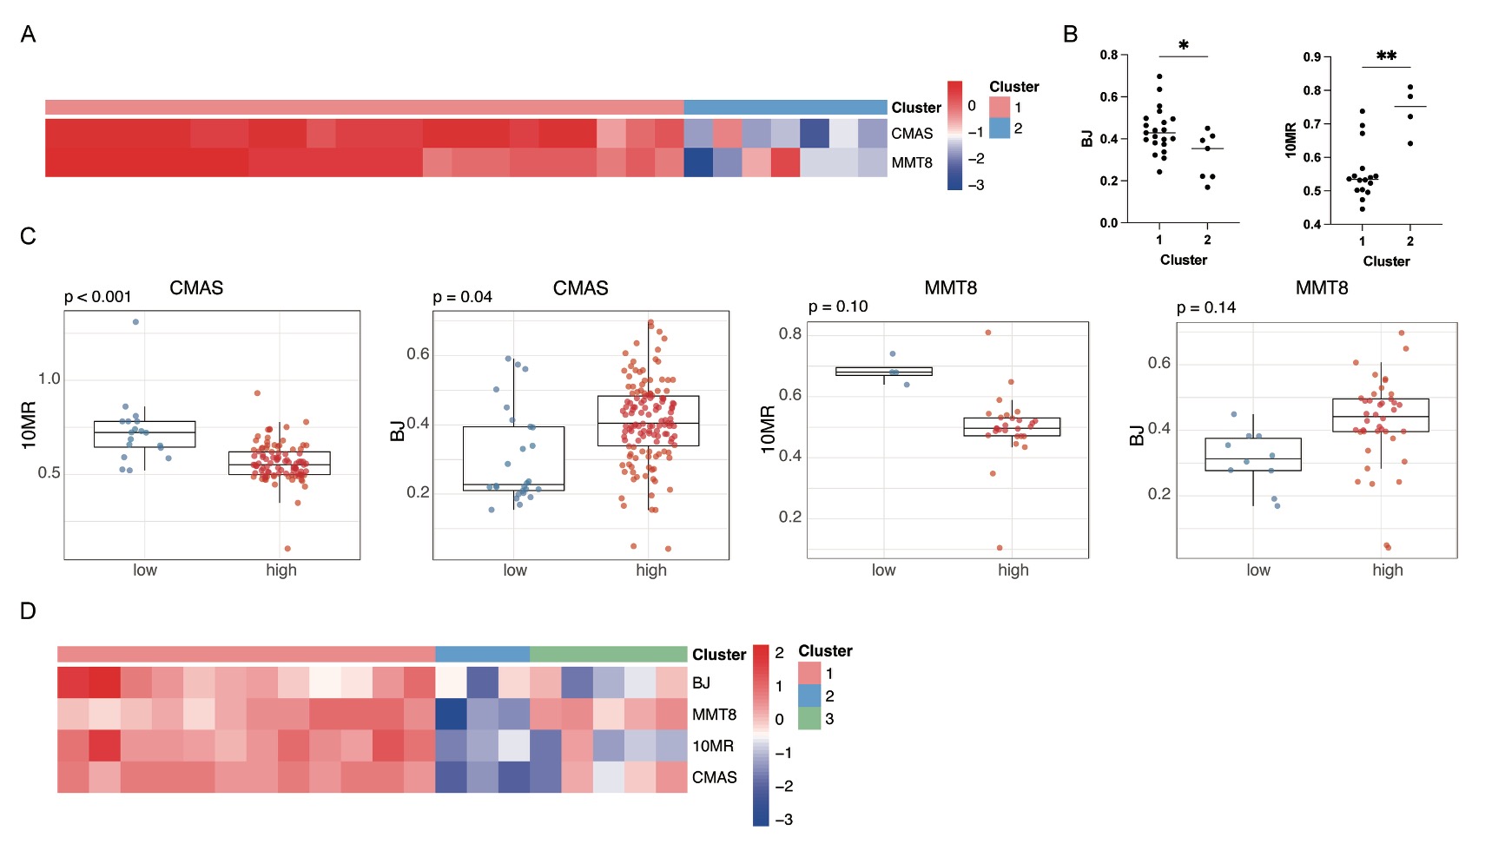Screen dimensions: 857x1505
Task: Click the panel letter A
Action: click(x=28, y=34)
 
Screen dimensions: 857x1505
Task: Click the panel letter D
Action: click(x=28, y=611)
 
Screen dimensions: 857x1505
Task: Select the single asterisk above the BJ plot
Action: click(x=1183, y=46)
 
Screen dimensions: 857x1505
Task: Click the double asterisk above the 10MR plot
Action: click(x=1386, y=56)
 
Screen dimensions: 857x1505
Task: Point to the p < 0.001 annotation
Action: click(x=97, y=297)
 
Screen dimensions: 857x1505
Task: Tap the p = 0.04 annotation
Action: click(x=462, y=297)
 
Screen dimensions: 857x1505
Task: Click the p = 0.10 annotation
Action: click(x=837, y=307)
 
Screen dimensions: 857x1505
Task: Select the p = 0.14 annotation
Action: click(x=1205, y=307)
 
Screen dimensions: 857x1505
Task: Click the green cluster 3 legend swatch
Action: click(x=809, y=718)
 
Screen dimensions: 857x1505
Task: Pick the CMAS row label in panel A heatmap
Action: click(x=912, y=134)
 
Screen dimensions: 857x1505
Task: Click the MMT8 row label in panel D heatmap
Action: click(x=714, y=715)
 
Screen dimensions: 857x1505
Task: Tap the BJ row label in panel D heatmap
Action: click(x=701, y=683)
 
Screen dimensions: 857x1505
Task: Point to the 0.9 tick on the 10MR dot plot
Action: click(x=1311, y=57)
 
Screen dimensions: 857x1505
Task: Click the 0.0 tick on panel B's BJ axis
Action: click(x=1108, y=223)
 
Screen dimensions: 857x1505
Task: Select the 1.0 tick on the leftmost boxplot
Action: click(x=49, y=379)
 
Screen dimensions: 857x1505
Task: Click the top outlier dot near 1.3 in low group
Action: click(x=135, y=322)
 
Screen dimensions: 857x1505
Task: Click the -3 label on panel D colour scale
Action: click(x=783, y=820)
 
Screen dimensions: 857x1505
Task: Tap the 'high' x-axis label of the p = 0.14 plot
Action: click(x=1387, y=570)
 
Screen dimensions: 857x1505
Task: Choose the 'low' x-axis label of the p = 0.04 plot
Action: click(x=514, y=570)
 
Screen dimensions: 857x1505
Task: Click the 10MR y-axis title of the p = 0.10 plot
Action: click(x=768, y=429)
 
